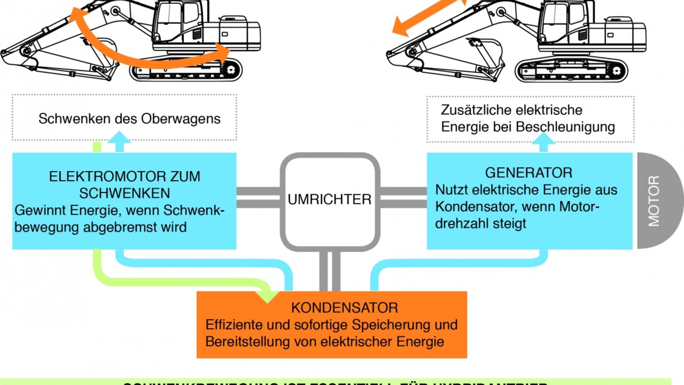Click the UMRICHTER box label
(x=329, y=199)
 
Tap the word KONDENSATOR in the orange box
(x=345, y=308)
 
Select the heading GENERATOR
(x=528, y=173)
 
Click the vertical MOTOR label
(x=654, y=201)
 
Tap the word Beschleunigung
(x=566, y=127)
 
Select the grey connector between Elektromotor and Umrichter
(x=258, y=197)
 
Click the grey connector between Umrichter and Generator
(x=403, y=197)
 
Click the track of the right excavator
(x=571, y=71)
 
